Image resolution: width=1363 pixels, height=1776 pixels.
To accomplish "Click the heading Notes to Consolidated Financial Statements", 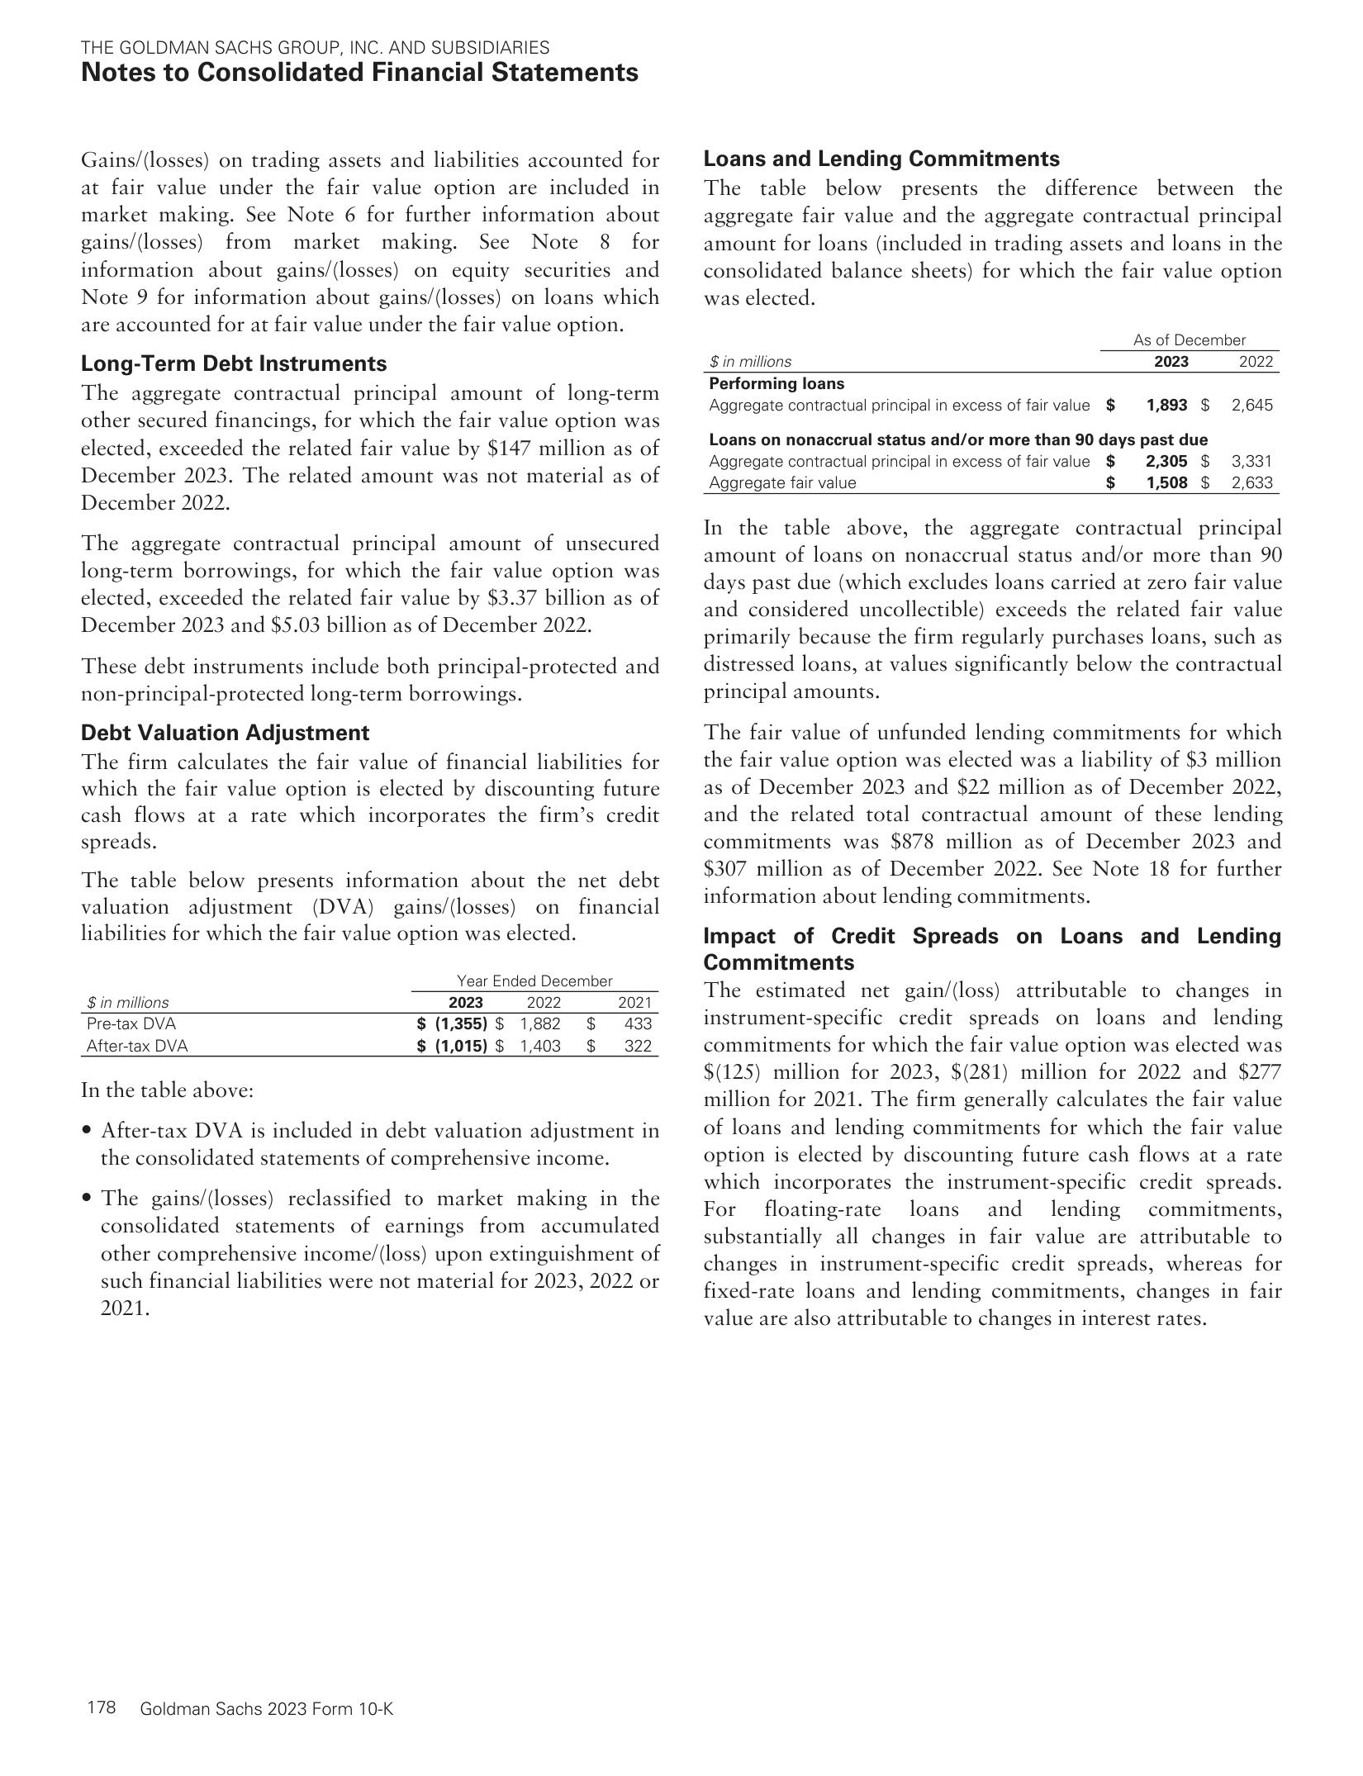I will [359, 73].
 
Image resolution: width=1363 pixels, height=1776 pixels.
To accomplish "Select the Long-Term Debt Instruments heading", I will [234, 363].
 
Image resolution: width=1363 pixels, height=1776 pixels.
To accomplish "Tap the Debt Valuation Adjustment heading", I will [226, 733].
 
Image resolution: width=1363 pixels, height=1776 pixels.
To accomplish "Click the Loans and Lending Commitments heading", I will [881, 159].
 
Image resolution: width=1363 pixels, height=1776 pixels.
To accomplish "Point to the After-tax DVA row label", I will [137, 1046].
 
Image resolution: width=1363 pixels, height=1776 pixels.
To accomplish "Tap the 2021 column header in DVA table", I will [634, 1003].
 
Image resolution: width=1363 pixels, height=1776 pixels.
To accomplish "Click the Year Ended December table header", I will [534, 981].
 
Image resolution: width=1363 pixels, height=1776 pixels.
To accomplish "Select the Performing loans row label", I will [776, 383].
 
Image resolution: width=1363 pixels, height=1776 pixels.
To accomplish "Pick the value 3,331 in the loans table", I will [1251, 462].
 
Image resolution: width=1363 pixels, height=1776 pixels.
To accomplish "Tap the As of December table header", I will [1189, 340].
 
